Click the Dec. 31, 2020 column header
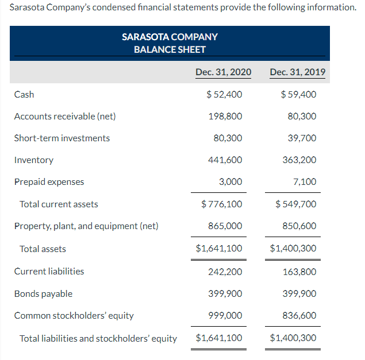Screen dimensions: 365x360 pos(223,72)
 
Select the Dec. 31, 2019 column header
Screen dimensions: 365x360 pos(298,72)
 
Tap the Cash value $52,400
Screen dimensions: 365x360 pos(224,94)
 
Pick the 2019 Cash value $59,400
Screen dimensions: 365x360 pos(298,94)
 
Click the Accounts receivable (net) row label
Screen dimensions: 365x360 pos(65,117)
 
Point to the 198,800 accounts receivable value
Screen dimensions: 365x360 pos(225,117)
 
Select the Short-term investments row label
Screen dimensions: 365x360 pos(62,138)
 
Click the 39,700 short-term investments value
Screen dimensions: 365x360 pos(302,138)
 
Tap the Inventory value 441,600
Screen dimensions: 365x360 pos(225,160)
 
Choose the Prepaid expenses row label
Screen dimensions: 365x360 pos(49,182)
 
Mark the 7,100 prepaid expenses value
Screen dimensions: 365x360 pos(305,182)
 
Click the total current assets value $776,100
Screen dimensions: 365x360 pos(222,204)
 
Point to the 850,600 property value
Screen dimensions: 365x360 pos(299,226)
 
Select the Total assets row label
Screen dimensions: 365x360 pos(43,249)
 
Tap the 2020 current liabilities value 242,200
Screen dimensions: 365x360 pos(225,272)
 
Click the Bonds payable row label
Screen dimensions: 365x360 pos(43,294)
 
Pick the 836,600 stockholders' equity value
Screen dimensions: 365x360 pos(299,316)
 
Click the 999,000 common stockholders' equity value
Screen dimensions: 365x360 pos(225,316)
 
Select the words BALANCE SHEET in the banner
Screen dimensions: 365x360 pos(170,49)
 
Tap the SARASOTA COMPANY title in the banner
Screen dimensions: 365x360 pos(170,37)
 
